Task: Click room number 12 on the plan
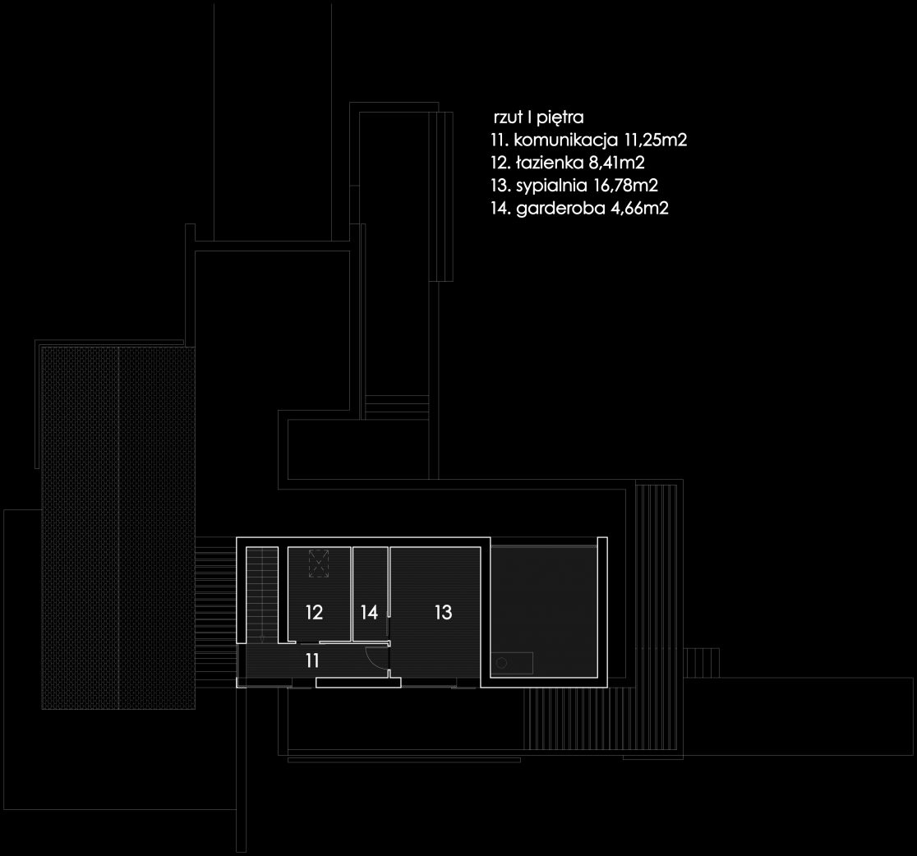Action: pyautogui.click(x=314, y=612)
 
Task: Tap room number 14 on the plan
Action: pyautogui.click(x=369, y=612)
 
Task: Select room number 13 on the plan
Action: pyautogui.click(x=443, y=612)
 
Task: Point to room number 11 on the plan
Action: pyautogui.click(x=312, y=660)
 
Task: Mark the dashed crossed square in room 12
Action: pyautogui.click(x=319, y=564)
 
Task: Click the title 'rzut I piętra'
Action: pyautogui.click(x=539, y=117)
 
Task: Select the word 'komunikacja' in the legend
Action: pyautogui.click(x=566, y=140)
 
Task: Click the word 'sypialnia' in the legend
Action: pyautogui.click(x=551, y=186)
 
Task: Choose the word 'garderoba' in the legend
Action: pyautogui.click(x=560, y=208)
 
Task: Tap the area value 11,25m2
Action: pyautogui.click(x=656, y=140)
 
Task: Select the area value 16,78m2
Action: pyautogui.click(x=626, y=186)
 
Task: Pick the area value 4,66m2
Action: pyautogui.click(x=639, y=208)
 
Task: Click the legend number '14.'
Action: pyautogui.click(x=501, y=208)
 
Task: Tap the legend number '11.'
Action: pyautogui.click(x=500, y=140)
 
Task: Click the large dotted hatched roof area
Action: pyautogui.click(x=118, y=527)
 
